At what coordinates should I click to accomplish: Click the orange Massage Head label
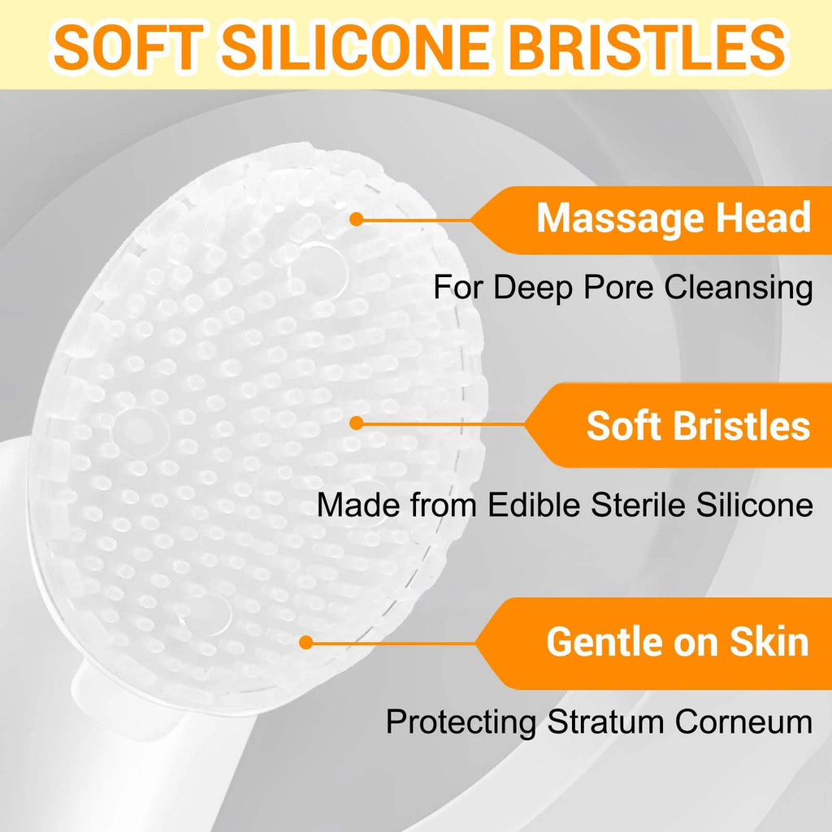point(650,219)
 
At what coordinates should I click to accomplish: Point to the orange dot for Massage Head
point(357,219)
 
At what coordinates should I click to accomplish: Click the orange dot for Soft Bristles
point(357,422)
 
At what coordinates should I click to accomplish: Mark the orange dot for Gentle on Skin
point(305,643)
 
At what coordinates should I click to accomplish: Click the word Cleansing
point(739,289)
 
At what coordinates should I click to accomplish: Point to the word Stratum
point(605,721)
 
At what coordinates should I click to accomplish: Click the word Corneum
point(744,721)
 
